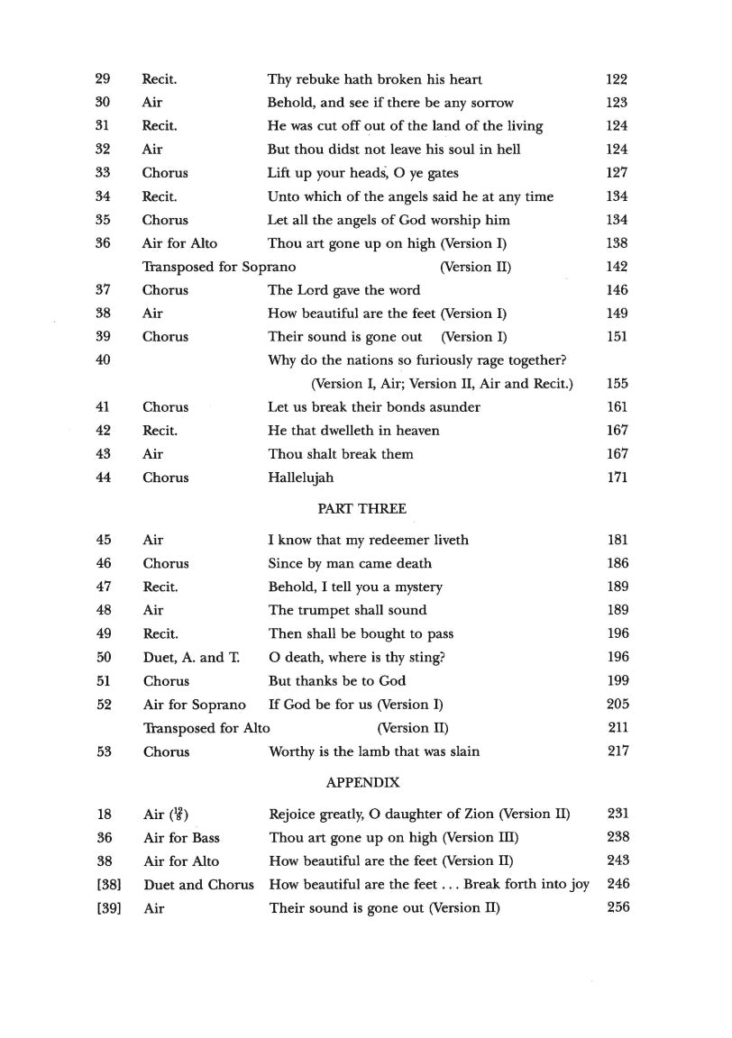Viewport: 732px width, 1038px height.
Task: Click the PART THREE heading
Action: coord(361,509)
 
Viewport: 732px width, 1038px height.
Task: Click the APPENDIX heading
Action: coord(362,783)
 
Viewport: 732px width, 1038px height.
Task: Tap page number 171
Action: coord(618,478)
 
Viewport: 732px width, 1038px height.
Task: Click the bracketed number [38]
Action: coord(107,884)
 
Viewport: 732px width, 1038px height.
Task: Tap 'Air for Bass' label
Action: coord(181,837)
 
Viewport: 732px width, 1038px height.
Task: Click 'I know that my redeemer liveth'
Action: coord(368,540)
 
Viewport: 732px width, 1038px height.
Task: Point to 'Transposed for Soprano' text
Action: coord(218,267)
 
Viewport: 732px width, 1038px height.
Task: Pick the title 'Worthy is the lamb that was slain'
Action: coord(374,751)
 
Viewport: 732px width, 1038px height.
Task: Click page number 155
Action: coord(618,384)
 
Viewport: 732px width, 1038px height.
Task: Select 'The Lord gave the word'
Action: coord(343,290)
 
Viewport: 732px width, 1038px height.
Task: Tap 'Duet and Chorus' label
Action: coord(198,884)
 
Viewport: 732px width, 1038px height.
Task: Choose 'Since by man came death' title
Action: coord(350,563)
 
